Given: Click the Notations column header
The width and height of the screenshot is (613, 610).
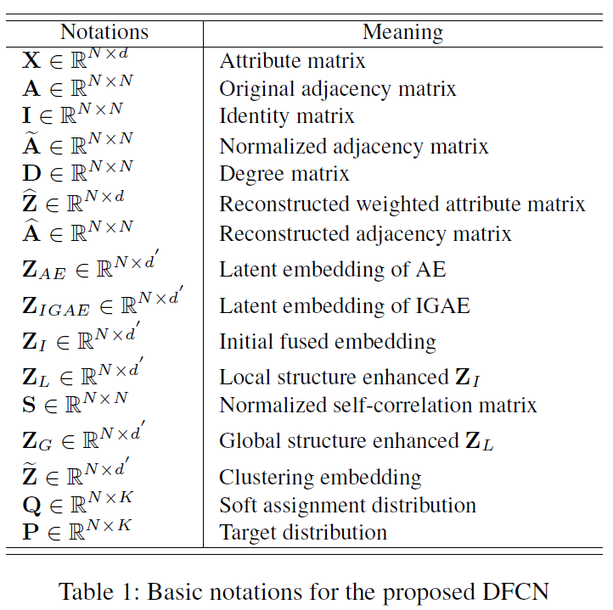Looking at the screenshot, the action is [104, 32].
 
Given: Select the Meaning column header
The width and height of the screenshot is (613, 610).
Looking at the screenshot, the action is [402, 32].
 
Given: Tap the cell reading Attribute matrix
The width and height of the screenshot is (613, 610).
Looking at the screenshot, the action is [292, 61].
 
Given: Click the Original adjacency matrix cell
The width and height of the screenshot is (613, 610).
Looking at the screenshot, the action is [337, 88].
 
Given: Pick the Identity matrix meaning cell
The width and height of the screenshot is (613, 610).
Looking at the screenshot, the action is [286, 115].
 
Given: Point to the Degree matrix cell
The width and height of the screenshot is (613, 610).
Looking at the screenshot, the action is [284, 174].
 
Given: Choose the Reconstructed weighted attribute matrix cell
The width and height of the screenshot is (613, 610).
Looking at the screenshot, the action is [402, 204].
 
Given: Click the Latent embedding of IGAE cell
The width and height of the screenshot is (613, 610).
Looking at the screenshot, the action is [345, 305].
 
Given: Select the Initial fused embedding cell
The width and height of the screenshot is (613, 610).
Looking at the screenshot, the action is [327, 342].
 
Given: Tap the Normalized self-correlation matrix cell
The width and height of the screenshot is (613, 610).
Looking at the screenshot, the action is [378, 405].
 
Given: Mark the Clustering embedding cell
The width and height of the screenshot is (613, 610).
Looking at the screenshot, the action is [320, 477].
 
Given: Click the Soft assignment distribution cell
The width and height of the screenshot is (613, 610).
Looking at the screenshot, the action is [347, 505].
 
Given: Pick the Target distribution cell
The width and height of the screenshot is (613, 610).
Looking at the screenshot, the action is [303, 533].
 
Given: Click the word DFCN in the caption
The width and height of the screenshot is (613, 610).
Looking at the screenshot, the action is [515, 590].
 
